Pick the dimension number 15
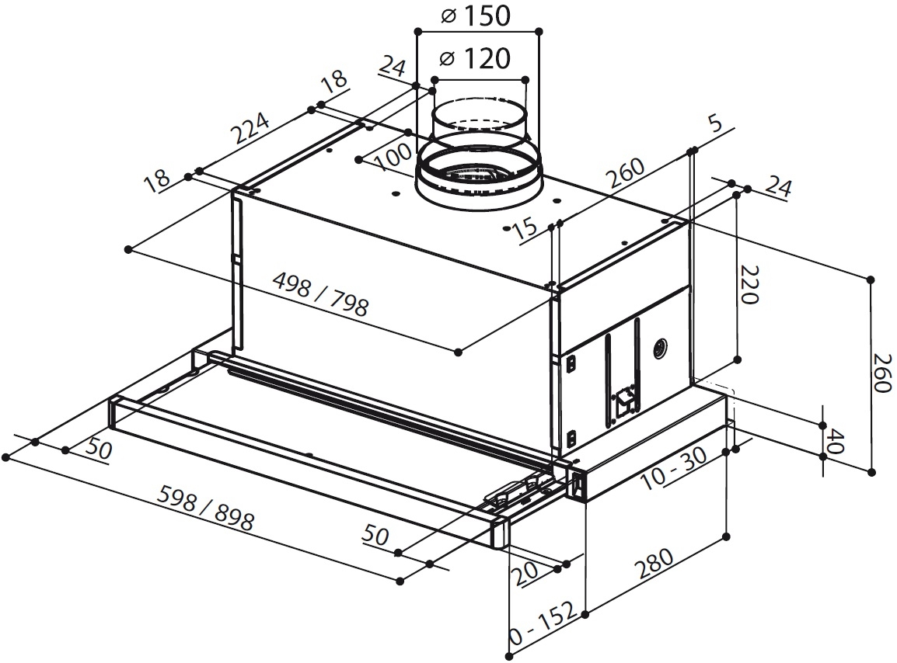pos(525,227)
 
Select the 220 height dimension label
pos(747,285)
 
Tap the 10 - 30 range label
pos(675,469)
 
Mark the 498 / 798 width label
pos(320,295)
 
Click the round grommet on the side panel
pos(661,348)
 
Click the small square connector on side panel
pos(624,402)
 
